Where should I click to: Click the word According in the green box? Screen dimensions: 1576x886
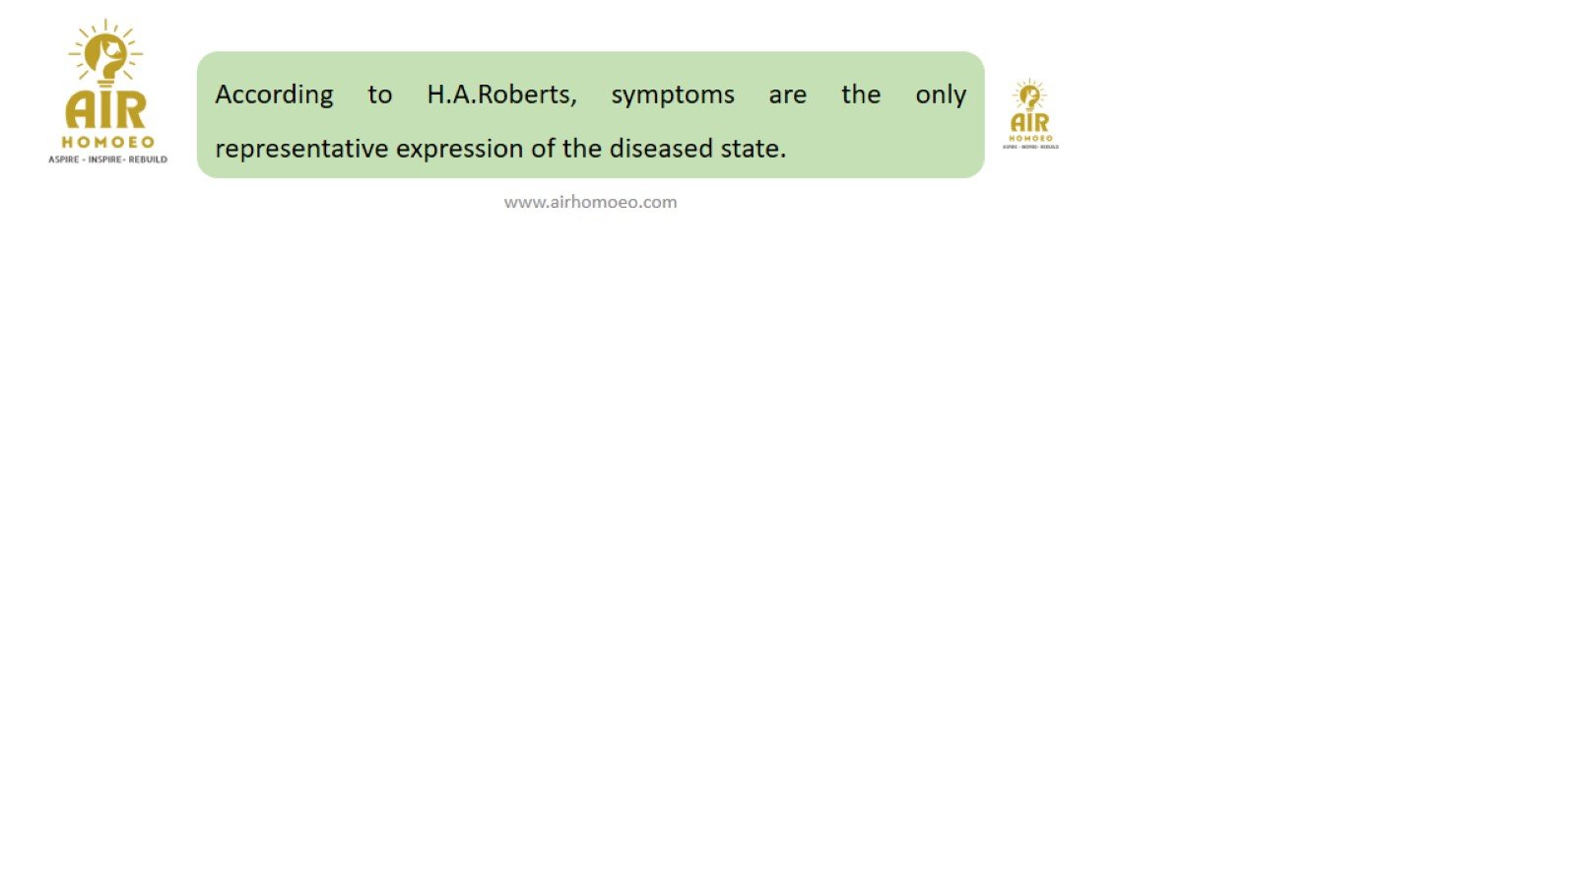pyautogui.click(x=274, y=95)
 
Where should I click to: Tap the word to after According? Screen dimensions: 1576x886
pyautogui.click(x=380, y=95)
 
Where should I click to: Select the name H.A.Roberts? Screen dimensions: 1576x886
pyautogui.click(x=501, y=95)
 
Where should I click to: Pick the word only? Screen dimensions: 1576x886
pyautogui.click(x=941, y=95)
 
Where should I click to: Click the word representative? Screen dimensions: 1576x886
pyautogui.click(x=301, y=149)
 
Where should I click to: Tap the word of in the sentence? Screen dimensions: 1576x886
pyautogui.click(x=543, y=148)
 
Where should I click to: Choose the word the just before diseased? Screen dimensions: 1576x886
pyautogui.click(x=582, y=148)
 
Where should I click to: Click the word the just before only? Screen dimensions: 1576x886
pyautogui.click(x=861, y=95)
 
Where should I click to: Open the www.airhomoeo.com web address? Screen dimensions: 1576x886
pyautogui.click(x=590, y=203)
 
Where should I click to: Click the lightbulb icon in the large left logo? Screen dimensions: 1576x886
pyautogui.click(x=105, y=54)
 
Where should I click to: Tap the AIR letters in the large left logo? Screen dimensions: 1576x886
pyautogui.click(x=106, y=109)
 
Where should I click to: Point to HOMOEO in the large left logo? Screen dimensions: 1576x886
pyautogui.click(x=107, y=142)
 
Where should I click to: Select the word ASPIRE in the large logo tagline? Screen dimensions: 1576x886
pyautogui.click(x=63, y=159)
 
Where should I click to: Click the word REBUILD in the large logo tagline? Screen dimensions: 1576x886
pyautogui.click(x=148, y=159)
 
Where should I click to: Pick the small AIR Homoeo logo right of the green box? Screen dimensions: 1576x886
pyautogui.click(x=1030, y=114)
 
